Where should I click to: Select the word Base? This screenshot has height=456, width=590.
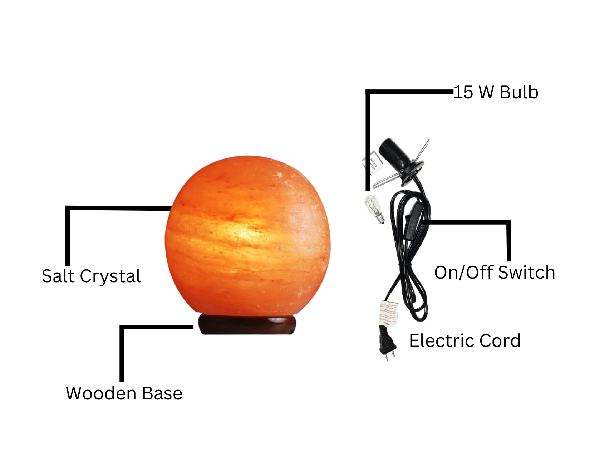tap(162, 393)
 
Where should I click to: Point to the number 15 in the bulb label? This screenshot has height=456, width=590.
tap(463, 92)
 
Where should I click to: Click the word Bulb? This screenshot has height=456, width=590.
tap(519, 92)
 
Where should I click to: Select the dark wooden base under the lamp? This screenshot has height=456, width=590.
tap(247, 324)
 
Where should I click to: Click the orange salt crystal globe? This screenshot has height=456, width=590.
tap(247, 236)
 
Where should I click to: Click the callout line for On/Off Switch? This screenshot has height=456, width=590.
tap(508, 240)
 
